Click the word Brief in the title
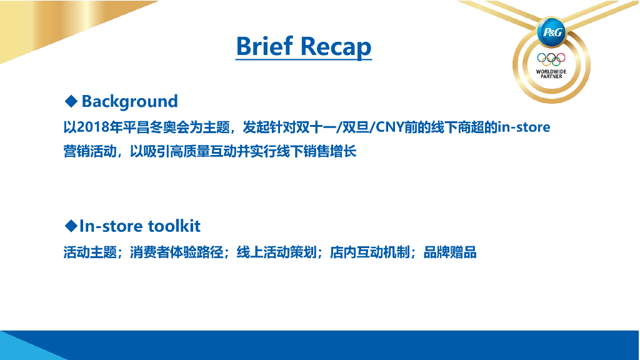click(264, 46)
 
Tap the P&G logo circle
click(551, 32)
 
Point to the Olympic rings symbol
click(551, 59)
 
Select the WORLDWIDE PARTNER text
click(551, 74)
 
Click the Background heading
click(130, 102)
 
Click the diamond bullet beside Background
click(71, 101)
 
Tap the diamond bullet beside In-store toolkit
click(71, 226)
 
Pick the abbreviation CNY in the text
click(389, 127)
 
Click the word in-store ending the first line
click(524, 127)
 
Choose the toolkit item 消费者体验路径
click(177, 252)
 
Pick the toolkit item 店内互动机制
click(370, 252)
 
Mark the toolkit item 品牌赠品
click(450, 252)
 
